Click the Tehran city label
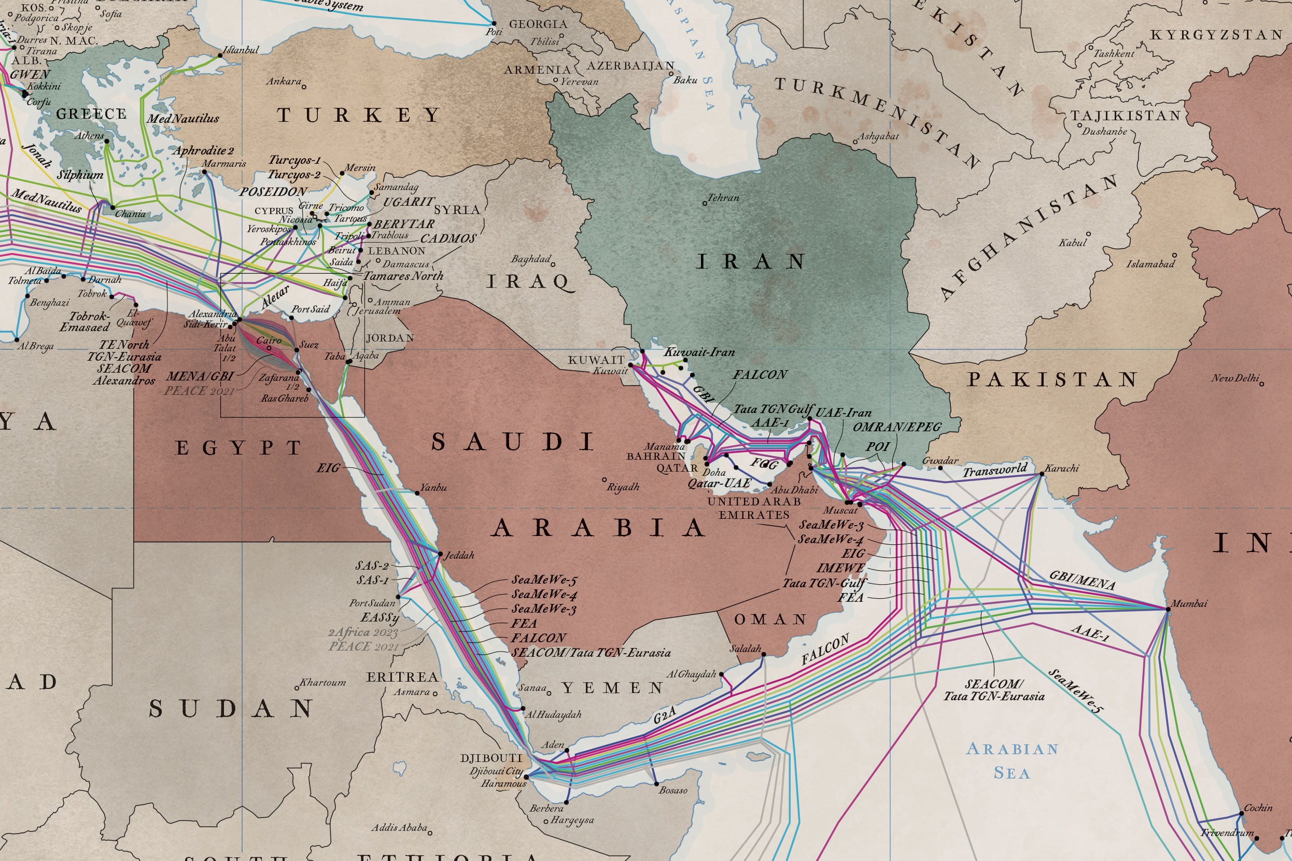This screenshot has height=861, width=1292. tap(723, 197)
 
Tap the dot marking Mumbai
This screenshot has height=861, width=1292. tap(1168, 609)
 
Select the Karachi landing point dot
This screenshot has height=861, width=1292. tap(1042, 474)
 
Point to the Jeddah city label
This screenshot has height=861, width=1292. tap(459, 556)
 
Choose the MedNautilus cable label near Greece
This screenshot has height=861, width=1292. tap(182, 119)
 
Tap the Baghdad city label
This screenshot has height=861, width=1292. tap(530, 259)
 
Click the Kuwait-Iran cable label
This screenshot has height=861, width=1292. tap(699, 352)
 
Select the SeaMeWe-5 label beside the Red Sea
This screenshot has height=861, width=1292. tap(544, 580)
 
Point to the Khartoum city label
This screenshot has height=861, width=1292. tap(322, 683)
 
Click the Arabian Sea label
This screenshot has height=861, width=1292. tap(1012, 760)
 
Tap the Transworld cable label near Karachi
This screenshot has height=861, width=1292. tap(994, 471)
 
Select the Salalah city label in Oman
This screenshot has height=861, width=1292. tap(745, 648)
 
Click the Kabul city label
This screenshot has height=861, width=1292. tap(1072, 242)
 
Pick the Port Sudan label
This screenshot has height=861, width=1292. tap(372, 603)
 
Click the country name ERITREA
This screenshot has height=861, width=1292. tap(402, 677)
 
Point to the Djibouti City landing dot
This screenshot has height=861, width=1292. tap(526, 777)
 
